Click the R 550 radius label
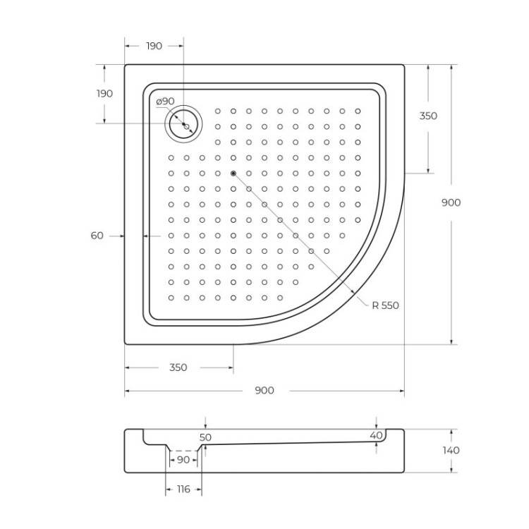click(385, 305)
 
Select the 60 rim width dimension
click(97, 236)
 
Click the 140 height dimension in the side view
click(451, 450)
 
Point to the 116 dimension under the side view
click(183, 490)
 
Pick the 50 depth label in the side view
click(205, 437)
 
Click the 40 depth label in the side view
click(377, 435)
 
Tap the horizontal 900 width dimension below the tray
click(264, 391)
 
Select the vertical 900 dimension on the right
click(451, 202)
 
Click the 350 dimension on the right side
click(428, 116)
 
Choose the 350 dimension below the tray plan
click(178, 367)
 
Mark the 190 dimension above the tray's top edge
click(154, 46)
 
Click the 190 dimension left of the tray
click(104, 94)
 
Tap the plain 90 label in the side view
click(183, 460)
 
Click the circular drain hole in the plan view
click(184, 125)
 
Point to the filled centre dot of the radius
click(233, 174)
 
